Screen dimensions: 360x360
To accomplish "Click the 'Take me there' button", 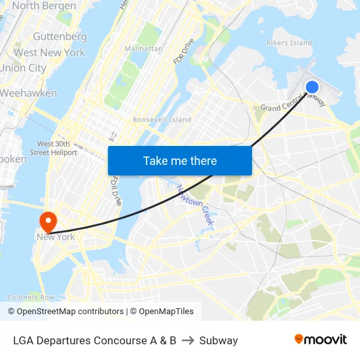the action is coord(180,160).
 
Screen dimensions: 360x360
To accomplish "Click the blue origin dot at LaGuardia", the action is coord(312,86).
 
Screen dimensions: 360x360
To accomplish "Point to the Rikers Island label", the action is coord(289,43).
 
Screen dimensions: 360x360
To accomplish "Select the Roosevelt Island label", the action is coord(162,120).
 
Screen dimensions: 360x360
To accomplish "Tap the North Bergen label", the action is coord(35,6).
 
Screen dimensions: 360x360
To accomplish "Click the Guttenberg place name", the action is coord(60,37).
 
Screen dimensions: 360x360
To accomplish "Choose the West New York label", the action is coord(49,52).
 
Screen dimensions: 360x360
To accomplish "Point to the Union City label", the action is coord(23,68).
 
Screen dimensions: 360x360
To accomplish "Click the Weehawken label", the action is coord(28,93).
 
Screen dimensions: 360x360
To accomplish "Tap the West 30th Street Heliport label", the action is coord(58,148).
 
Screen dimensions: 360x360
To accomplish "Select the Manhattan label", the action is coord(143,48).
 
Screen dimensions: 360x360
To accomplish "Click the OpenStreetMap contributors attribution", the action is coord(65,312).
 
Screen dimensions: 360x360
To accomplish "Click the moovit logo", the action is coord(320,340).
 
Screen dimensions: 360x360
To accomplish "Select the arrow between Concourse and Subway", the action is coord(188,340).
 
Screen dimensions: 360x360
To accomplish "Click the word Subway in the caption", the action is coord(219,340).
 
